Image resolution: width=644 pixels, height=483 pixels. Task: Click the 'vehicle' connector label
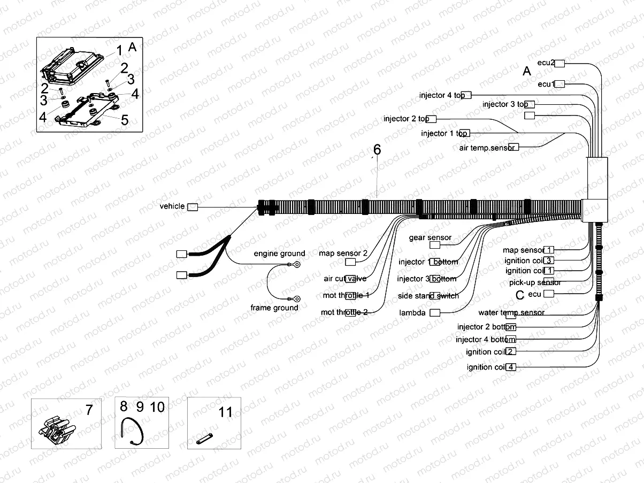click(x=172, y=206)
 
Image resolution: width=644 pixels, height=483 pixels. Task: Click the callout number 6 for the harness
click(x=377, y=150)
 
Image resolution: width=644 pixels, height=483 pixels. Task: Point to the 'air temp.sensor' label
click(x=487, y=148)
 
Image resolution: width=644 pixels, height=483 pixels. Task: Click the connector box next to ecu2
click(x=559, y=64)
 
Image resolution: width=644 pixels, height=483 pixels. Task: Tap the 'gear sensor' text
click(x=430, y=237)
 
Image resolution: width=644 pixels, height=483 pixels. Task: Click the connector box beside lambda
click(x=435, y=312)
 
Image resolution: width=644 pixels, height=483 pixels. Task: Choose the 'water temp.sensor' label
click(x=511, y=312)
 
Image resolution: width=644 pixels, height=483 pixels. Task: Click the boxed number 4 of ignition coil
click(x=511, y=367)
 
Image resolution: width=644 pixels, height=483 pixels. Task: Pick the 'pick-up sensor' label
click(x=534, y=282)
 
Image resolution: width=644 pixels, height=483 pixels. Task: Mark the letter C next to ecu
click(x=519, y=295)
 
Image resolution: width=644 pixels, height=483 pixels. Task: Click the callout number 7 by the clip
click(x=89, y=411)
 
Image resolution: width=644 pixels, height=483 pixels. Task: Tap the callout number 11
click(x=226, y=412)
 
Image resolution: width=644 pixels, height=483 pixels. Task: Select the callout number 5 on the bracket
click(x=124, y=120)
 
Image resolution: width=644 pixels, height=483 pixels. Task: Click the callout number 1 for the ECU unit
click(x=119, y=50)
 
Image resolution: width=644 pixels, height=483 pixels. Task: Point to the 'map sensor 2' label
click(x=343, y=253)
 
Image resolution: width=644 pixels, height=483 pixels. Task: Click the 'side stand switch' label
click(x=428, y=296)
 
